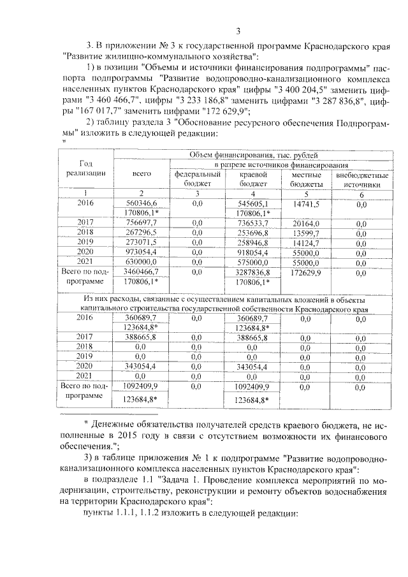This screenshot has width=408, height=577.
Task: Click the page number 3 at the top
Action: (x=237, y=31)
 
